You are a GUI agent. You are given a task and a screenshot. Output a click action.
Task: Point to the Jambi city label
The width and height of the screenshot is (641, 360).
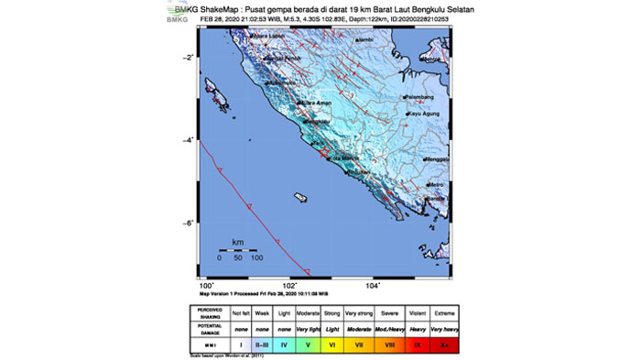[366, 40]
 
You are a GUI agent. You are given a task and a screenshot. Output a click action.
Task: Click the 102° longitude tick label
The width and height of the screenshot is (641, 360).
[290, 285]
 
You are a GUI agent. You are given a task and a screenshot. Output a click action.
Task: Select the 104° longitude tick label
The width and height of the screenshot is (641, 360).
[373, 285]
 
